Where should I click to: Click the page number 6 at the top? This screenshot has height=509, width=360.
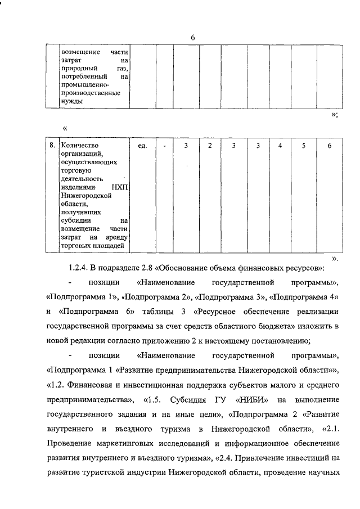coord(192,37)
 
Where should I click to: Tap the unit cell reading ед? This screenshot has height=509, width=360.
coord(142,146)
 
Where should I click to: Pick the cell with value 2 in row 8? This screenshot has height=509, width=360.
coord(209,146)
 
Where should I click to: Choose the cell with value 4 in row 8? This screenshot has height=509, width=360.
coord(280,146)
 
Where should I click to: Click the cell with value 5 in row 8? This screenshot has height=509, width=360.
coord(303,146)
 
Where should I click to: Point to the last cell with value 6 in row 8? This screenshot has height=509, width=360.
coord(329,146)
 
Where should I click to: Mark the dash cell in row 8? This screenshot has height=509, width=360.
coord(164,146)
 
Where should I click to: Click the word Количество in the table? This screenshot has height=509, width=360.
coord(78,146)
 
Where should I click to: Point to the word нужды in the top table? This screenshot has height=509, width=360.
coord(71,101)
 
